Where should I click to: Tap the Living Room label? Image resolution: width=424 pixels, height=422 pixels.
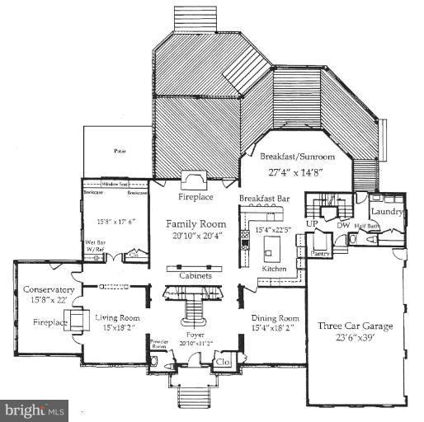[x=115, y=317]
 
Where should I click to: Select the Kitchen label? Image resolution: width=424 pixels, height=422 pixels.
[x=274, y=270]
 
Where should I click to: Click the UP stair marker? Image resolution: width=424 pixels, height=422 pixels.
[x=313, y=223]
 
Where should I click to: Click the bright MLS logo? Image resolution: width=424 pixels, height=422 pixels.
[x=35, y=408]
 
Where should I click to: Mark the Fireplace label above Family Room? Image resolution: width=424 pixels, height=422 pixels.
[x=196, y=198]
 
